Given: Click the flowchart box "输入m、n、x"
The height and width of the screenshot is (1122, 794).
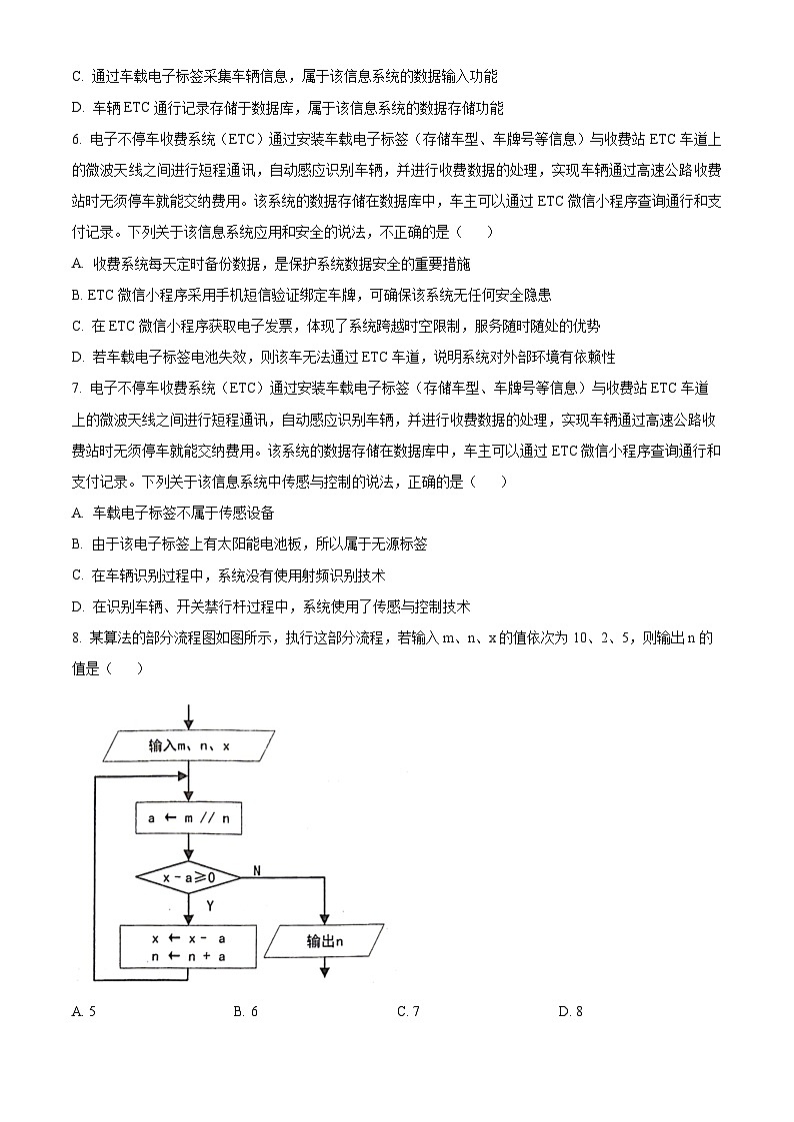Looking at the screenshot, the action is [188, 745].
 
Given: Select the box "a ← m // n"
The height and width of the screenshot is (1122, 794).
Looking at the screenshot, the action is [188, 818].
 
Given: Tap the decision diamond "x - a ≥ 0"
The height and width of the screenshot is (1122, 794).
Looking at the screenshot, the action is [188, 877].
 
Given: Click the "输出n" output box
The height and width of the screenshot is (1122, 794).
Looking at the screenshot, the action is [326, 941].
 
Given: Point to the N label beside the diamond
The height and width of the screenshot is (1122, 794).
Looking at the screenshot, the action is [257, 871].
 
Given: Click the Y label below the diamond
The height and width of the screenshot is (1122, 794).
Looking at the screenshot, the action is [210, 905].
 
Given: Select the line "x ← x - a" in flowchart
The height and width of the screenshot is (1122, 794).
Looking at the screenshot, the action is [188, 939].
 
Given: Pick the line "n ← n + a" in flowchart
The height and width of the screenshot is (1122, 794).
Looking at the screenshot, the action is [188, 956].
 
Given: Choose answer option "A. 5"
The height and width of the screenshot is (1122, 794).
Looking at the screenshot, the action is [84, 1011].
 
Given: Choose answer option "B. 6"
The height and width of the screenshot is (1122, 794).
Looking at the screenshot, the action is [246, 1011].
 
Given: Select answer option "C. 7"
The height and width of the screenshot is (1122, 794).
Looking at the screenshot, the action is [408, 1011].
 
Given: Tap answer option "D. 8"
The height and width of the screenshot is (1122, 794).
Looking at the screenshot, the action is [570, 1011].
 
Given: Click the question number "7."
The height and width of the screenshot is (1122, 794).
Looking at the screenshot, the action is [78, 387].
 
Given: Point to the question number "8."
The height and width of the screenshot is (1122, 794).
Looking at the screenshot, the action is [78, 637].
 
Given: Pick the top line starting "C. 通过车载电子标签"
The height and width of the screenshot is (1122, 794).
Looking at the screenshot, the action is [285, 77].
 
